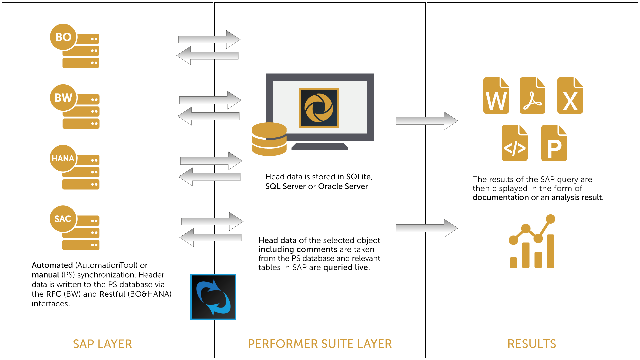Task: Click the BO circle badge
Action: click(x=63, y=37)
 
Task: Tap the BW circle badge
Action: click(x=63, y=98)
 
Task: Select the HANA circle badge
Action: click(x=63, y=158)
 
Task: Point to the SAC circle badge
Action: click(x=63, y=219)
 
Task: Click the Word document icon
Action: click(x=496, y=96)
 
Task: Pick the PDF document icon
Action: click(x=532, y=96)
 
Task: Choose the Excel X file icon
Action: click(x=570, y=96)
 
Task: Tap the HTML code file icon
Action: click(x=515, y=143)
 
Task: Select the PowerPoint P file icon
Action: click(x=554, y=143)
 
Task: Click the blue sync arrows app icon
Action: click(x=213, y=297)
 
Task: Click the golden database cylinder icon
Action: click(x=269, y=139)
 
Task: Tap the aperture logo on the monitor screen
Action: click(x=319, y=108)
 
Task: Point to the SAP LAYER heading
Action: click(x=102, y=344)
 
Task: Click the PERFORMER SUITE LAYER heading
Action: click(x=320, y=344)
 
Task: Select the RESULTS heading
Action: click(x=532, y=344)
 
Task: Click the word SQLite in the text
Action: click(x=358, y=177)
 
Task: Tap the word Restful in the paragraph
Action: click(x=112, y=294)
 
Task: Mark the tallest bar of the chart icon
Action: click(x=550, y=251)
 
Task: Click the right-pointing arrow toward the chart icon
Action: click(x=427, y=228)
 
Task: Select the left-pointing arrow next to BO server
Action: click(x=207, y=56)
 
